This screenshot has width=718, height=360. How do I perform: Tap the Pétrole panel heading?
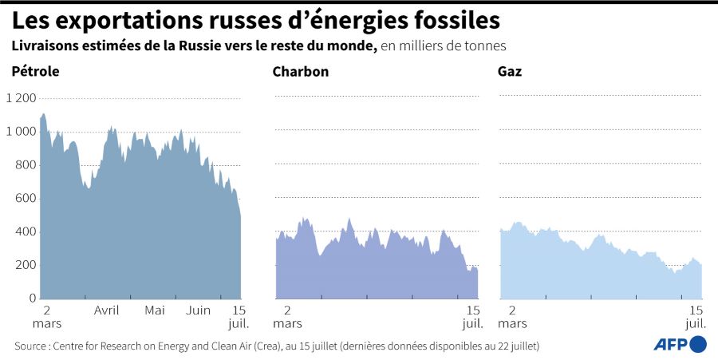click(x=36, y=72)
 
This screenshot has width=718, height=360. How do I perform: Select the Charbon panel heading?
click(x=301, y=72)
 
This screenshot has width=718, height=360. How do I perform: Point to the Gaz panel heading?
click(x=510, y=72)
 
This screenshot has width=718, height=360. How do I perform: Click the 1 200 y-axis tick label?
click(x=21, y=98)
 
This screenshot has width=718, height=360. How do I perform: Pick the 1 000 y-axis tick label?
click(x=21, y=132)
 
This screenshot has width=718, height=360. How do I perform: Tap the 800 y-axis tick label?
click(x=26, y=165)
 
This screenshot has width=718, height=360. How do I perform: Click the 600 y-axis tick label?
click(x=26, y=199)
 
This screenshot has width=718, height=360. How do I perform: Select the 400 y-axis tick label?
click(x=26, y=232)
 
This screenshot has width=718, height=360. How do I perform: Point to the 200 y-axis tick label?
click(x=26, y=266)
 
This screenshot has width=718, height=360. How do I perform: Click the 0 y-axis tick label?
click(x=33, y=299)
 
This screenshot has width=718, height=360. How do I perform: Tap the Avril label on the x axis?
click(x=107, y=311)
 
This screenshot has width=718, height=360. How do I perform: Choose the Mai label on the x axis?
click(x=155, y=311)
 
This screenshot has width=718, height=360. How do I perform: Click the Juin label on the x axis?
click(x=199, y=311)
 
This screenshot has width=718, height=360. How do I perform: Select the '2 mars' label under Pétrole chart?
click(x=47, y=317)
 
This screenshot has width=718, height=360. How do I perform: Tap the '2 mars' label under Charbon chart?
click(x=287, y=317)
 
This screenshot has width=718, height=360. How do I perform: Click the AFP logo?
click(x=680, y=344)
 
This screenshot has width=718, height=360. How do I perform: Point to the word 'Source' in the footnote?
click(x=30, y=346)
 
